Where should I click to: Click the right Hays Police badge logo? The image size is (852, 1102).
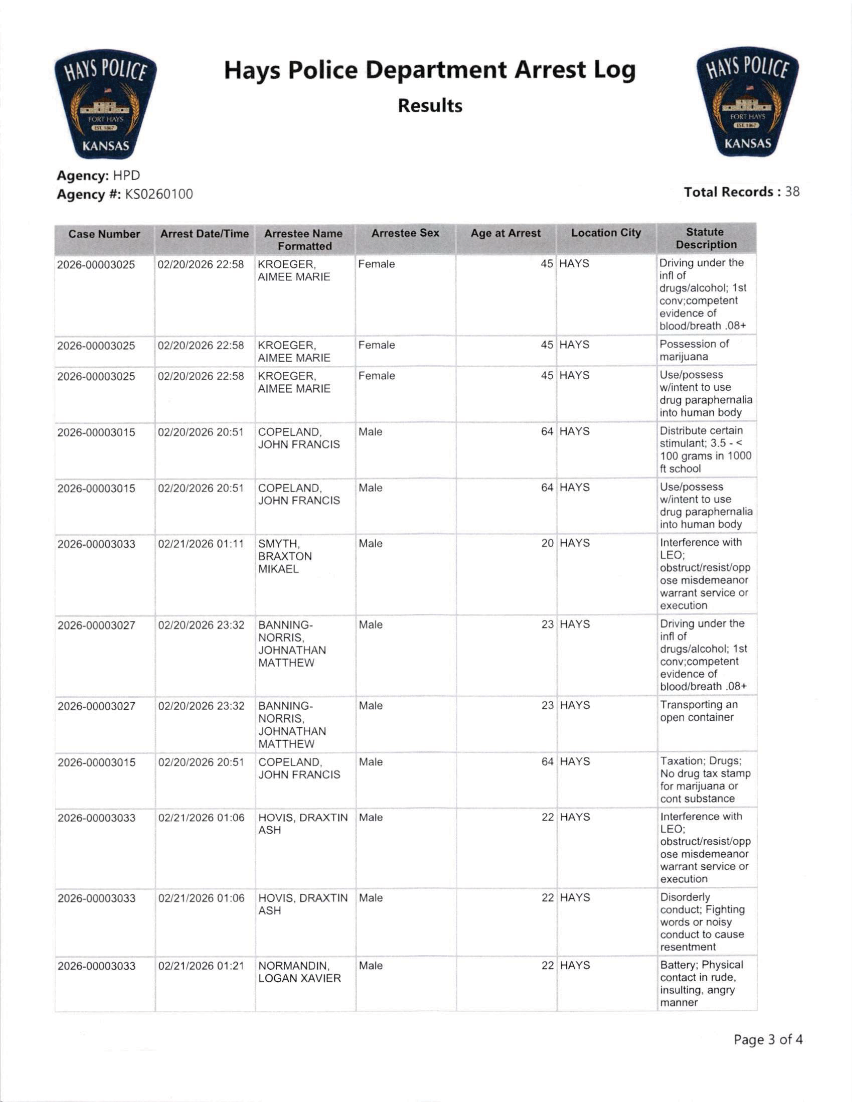pos(747,102)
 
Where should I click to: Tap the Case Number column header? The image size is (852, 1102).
pos(105,234)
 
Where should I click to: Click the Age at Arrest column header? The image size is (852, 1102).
pos(506,233)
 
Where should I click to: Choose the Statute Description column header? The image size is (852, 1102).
pos(705,238)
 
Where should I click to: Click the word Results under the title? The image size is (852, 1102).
pos(430,106)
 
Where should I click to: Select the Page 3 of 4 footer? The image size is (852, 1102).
pos(768,1039)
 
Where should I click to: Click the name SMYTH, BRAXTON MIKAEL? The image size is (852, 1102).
pos(285,556)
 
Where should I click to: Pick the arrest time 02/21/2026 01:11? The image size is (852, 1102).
pos(201,544)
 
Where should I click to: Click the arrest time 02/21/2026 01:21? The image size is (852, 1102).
pos(201,966)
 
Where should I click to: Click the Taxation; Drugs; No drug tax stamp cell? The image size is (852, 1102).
pos(705,779)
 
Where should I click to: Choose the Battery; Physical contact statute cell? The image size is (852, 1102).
pos(701,983)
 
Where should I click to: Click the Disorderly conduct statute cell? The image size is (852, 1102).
pos(702,922)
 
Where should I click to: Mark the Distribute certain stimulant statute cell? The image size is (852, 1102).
pos(705,450)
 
